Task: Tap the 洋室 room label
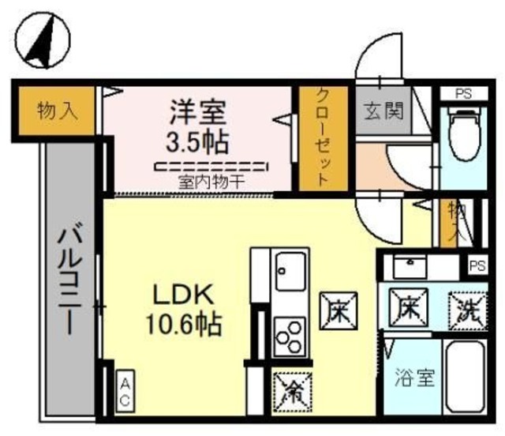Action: point(198,111)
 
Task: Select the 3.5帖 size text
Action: point(198,141)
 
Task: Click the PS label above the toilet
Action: point(463,93)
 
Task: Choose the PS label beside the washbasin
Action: point(477,265)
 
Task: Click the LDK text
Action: point(183,294)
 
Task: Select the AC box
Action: point(125,391)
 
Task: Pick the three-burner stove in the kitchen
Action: point(290,336)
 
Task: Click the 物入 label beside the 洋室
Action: point(58,111)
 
